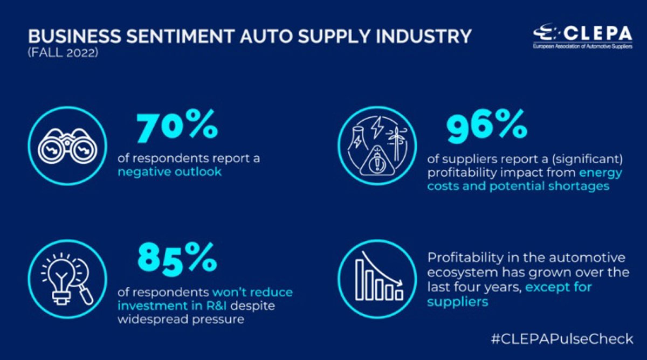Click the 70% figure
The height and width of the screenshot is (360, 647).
point(177,127)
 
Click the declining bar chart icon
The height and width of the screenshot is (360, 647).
point(377,277)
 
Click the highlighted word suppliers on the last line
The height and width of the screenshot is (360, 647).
point(458,301)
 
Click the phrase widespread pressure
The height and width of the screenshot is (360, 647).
point(181,320)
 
